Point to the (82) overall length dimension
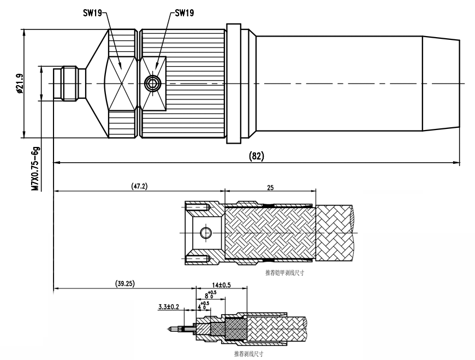[257, 156]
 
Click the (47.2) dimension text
[139, 186]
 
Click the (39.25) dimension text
[125, 283]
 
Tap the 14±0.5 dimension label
[222, 285]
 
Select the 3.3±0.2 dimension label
[167, 308]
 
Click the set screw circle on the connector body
[151, 83]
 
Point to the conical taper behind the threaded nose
[96, 83]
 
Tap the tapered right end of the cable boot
[441, 83]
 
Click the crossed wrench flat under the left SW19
[122, 83]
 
